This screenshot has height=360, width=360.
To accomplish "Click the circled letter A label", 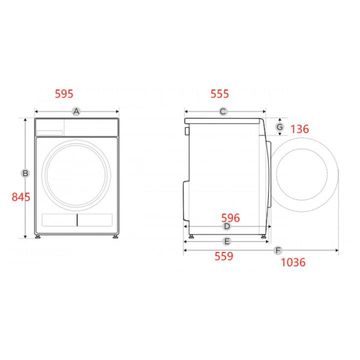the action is [76, 111].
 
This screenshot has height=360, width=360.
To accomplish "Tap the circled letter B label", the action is [25, 173].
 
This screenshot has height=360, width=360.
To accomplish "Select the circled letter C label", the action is [223, 111].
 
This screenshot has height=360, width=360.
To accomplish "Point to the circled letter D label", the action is [227, 226].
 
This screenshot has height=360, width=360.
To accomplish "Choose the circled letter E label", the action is [227, 241].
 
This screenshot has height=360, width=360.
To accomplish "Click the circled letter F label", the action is [278, 250].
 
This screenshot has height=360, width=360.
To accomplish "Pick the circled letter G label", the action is [279, 126].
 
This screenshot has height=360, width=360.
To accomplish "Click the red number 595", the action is [64, 94].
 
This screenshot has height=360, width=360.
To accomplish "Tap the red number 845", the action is [21, 197].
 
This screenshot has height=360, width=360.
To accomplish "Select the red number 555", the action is [219, 94].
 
